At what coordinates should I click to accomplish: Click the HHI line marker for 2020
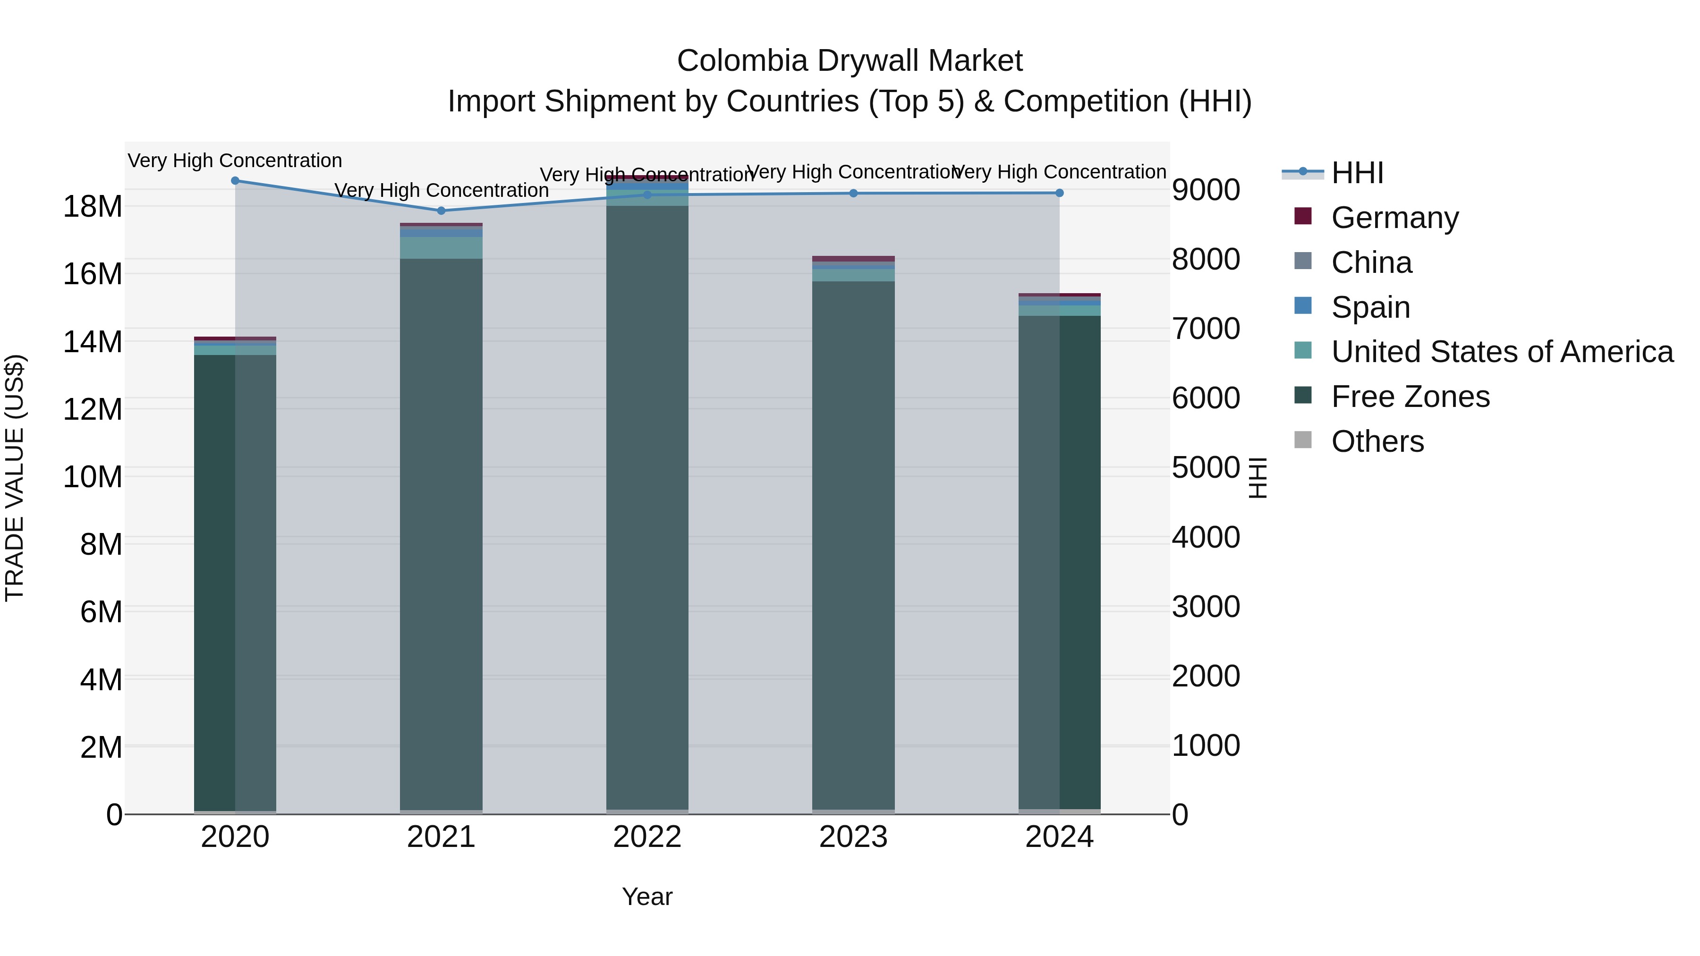(x=235, y=180)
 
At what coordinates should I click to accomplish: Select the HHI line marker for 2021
(x=442, y=211)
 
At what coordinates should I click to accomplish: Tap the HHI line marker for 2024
(x=1059, y=193)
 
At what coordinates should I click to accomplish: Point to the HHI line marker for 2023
(x=853, y=193)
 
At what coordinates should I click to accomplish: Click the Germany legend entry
(x=1394, y=218)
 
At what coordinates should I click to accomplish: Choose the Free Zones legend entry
(x=1410, y=397)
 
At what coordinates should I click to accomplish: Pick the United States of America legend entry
(x=1501, y=352)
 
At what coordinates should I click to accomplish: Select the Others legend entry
(x=1377, y=441)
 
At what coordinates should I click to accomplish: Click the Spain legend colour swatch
(x=1303, y=306)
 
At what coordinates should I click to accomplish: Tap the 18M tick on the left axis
(x=93, y=206)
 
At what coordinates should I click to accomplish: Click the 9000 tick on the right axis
(x=1206, y=190)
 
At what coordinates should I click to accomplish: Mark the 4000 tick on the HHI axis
(x=1206, y=537)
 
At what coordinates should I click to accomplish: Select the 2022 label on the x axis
(x=647, y=837)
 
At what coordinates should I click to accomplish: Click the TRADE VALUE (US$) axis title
(x=15, y=478)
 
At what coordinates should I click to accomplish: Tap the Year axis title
(x=647, y=897)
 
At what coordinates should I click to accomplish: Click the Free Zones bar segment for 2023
(x=853, y=541)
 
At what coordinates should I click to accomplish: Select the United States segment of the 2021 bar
(x=442, y=247)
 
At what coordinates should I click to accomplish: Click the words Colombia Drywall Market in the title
(x=850, y=61)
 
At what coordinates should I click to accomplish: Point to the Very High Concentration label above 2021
(x=442, y=190)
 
